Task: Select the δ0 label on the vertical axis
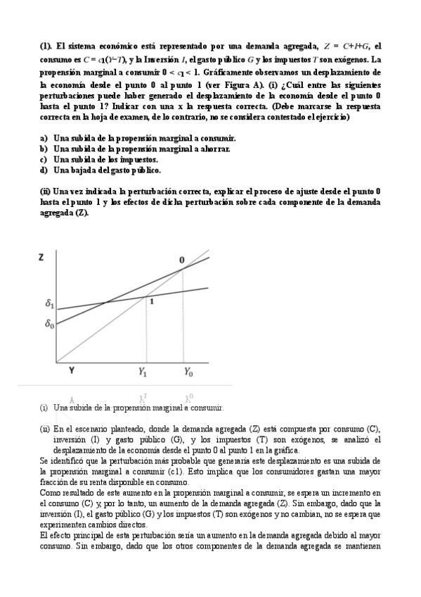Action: click(x=48, y=325)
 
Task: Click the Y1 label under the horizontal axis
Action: click(x=143, y=371)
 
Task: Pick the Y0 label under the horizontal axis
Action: click(x=188, y=371)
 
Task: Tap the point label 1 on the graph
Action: click(x=150, y=301)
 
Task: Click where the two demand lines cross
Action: click(x=106, y=303)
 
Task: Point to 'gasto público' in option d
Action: click(x=136, y=170)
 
